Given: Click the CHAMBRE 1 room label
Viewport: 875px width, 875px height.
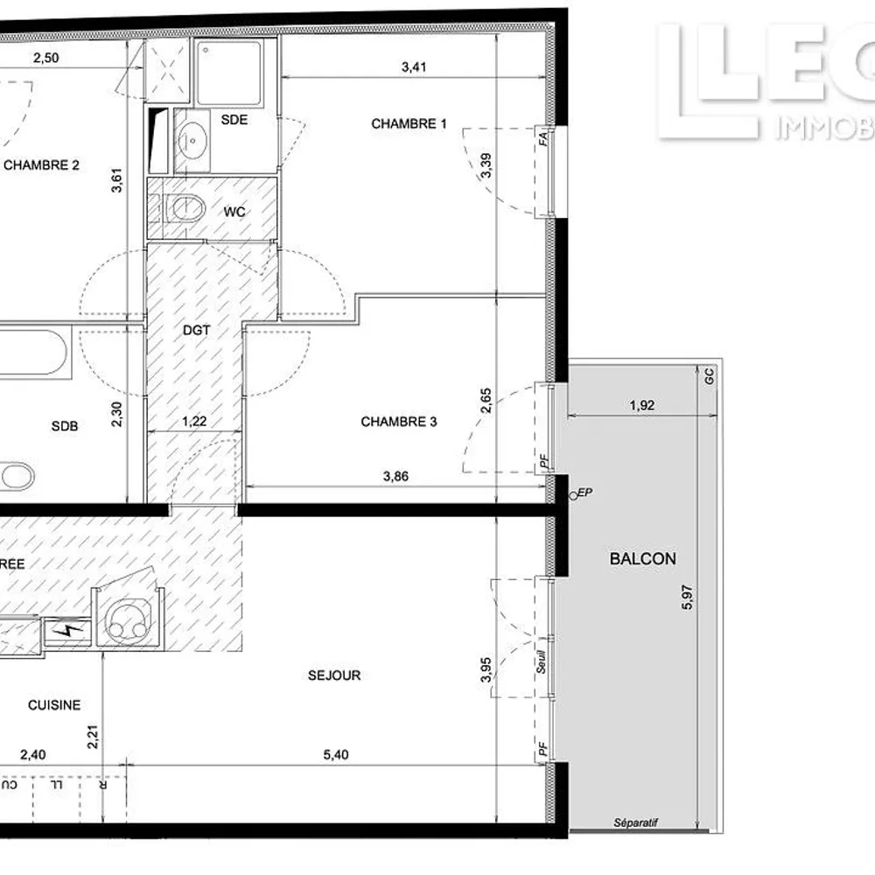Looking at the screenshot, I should (x=409, y=124).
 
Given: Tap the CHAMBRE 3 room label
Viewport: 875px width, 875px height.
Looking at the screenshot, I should (x=399, y=422).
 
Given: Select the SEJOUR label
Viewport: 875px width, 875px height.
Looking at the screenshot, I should (x=334, y=675).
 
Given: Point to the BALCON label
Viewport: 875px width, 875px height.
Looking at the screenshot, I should (x=642, y=558).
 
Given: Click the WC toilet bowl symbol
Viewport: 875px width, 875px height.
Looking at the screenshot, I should (x=185, y=208).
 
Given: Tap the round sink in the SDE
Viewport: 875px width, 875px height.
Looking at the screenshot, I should (x=192, y=137).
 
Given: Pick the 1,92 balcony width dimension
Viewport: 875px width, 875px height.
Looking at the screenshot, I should (x=642, y=405).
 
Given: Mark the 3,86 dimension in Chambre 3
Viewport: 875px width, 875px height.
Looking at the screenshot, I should (x=396, y=477).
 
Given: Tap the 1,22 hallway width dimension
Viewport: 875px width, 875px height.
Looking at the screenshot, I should (x=194, y=422).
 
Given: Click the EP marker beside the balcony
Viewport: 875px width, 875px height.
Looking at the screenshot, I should (x=584, y=493).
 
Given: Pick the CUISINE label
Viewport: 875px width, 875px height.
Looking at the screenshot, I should (x=54, y=705).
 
